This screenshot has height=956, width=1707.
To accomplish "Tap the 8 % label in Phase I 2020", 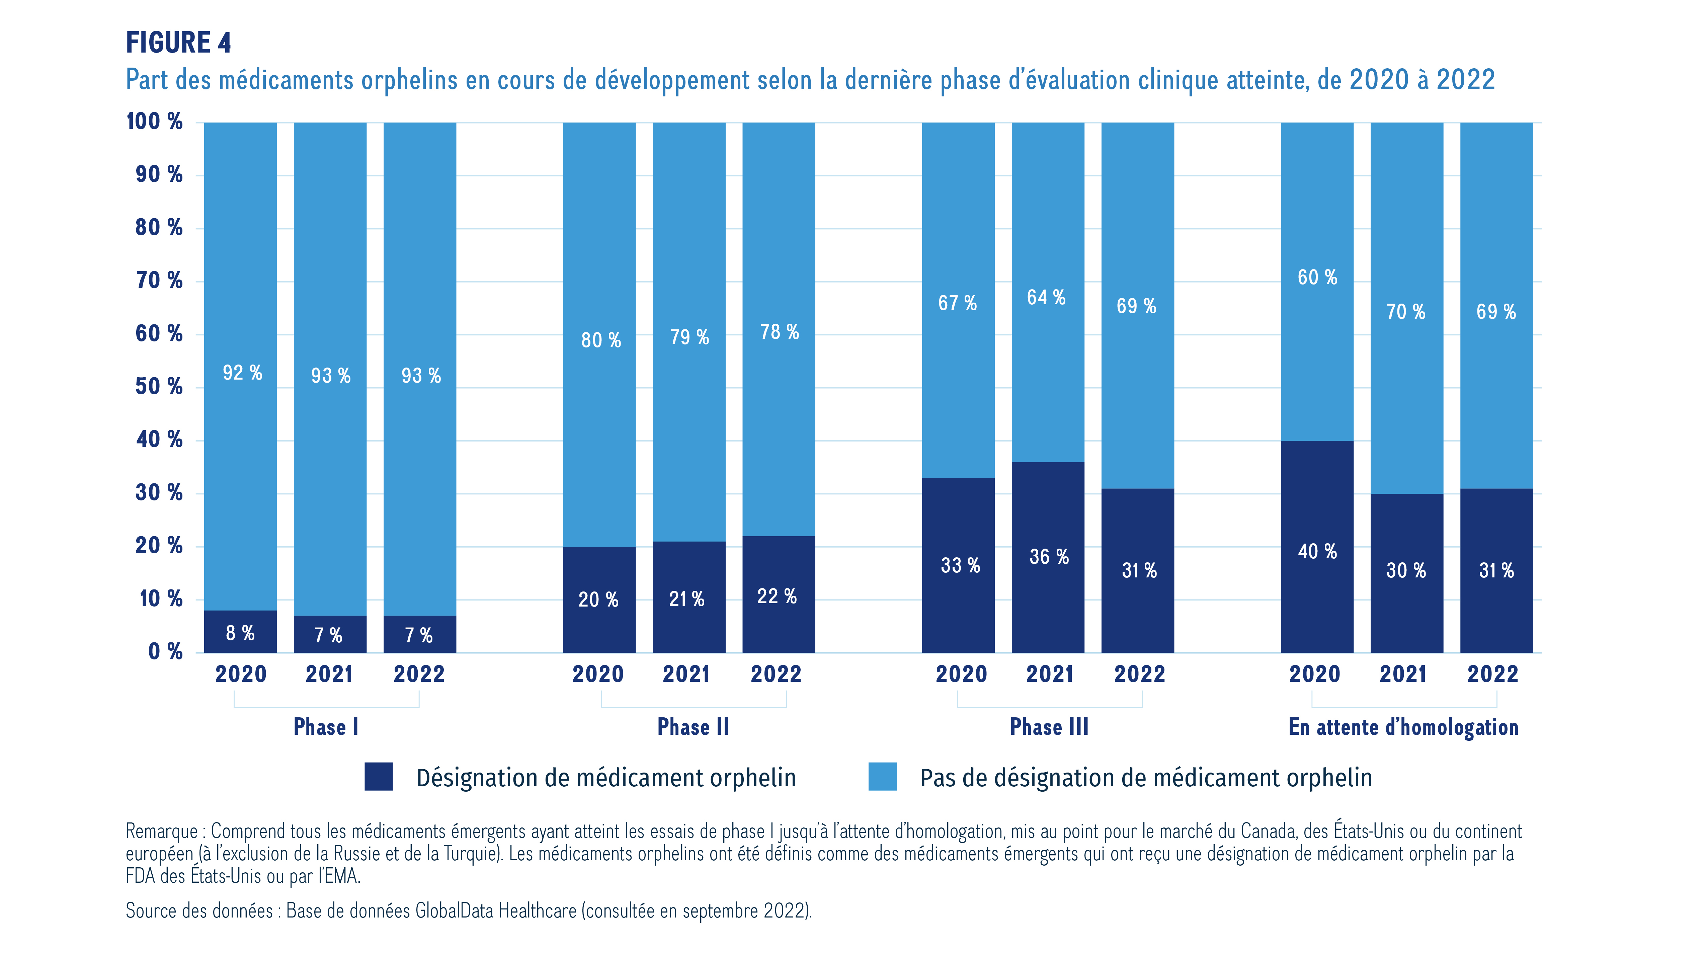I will tap(240, 633).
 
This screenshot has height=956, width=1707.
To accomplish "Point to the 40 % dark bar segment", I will tap(1317, 551).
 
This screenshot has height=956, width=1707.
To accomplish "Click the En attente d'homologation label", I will tap(1403, 727).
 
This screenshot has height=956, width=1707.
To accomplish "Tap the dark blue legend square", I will tap(378, 777).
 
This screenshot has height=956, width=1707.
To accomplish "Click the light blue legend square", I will tap(882, 777).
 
